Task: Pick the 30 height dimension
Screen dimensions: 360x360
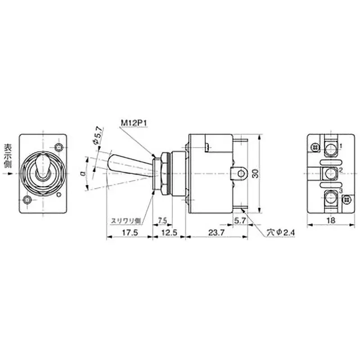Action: click(x=256, y=173)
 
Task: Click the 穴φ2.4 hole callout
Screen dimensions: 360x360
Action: click(x=280, y=232)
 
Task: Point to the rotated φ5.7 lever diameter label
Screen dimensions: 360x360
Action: click(x=96, y=135)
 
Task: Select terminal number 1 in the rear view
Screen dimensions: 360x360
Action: click(x=341, y=146)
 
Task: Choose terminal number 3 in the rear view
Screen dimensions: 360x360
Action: click(x=341, y=192)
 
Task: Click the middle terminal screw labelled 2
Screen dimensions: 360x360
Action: click(x=332, y=172)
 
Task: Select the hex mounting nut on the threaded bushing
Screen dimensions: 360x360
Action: click(x=157, y=173)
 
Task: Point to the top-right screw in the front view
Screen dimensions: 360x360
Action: click(x=57, y=147)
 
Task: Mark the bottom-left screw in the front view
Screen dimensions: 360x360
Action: click(x=29, y=199)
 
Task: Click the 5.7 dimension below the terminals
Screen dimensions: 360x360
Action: click(x=240, y=220)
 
